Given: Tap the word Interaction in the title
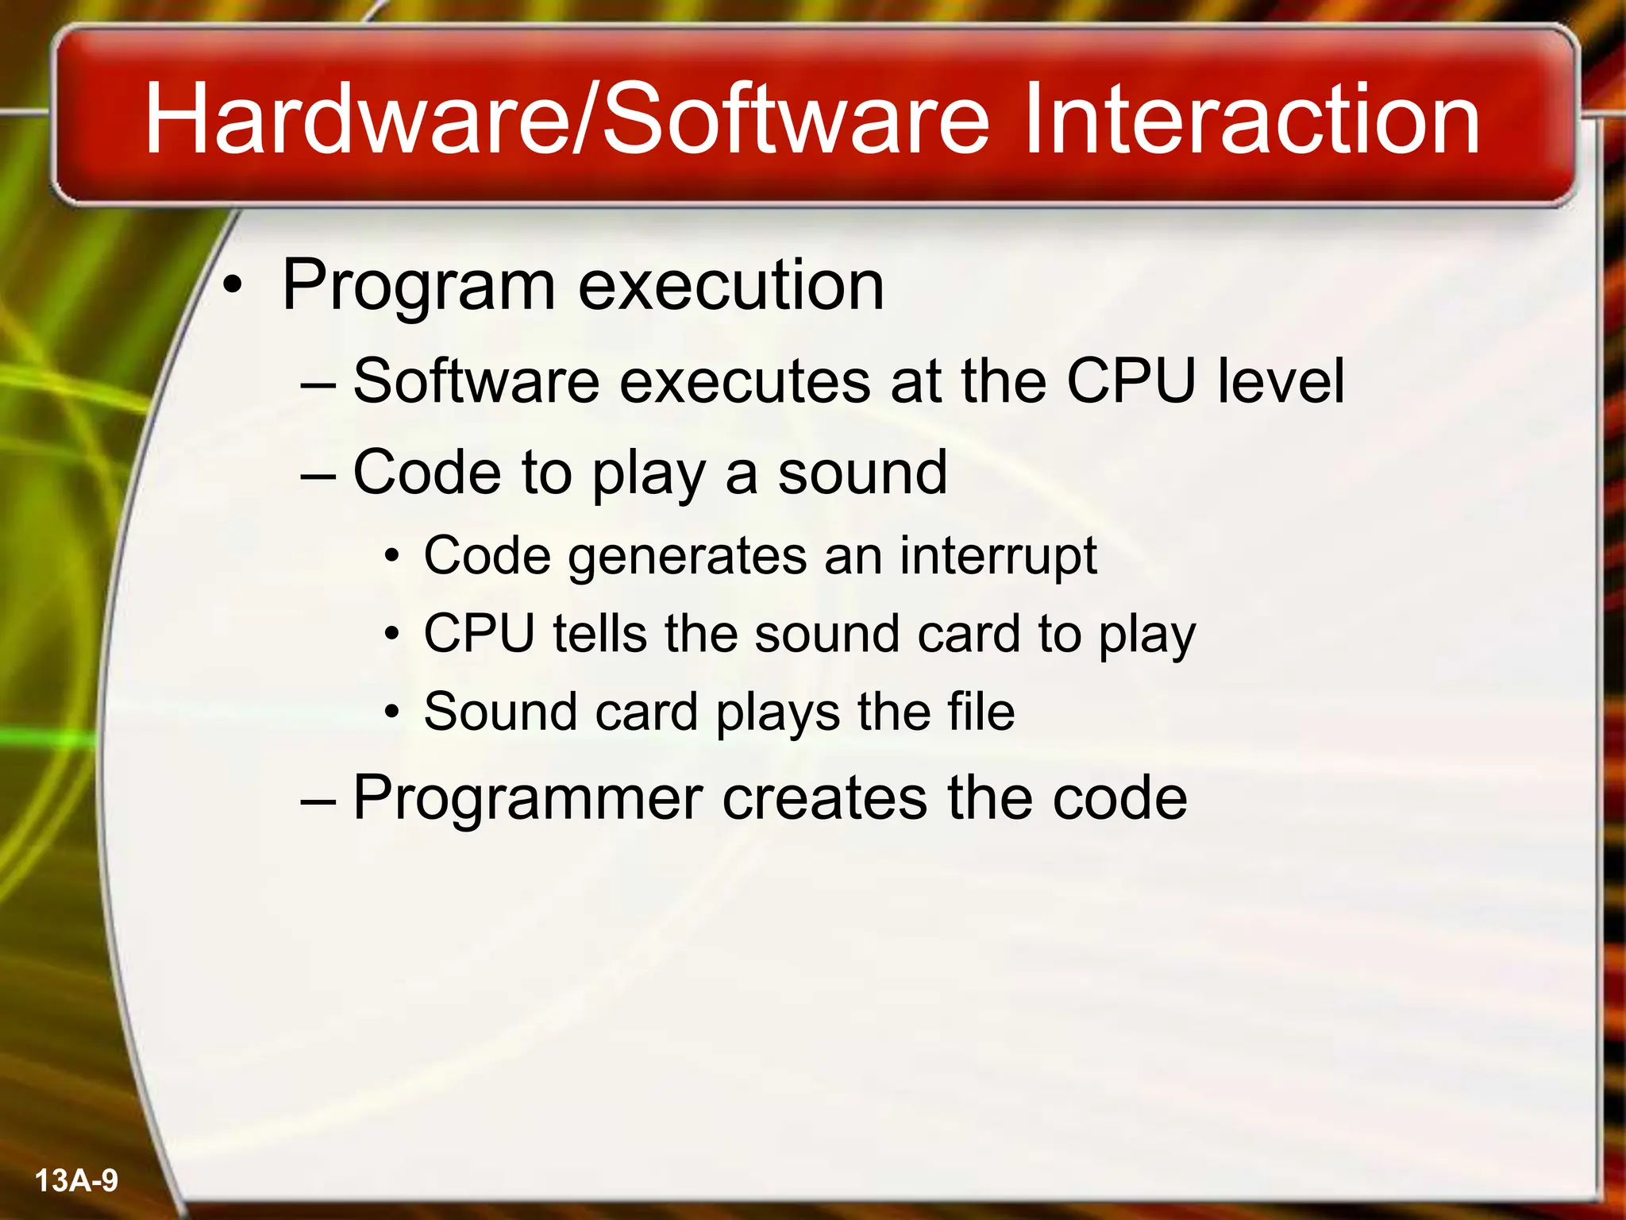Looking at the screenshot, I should [x=1250, y=119].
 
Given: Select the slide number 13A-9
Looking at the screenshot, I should [x=77, y=1180].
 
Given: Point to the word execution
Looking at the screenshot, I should [x=730, y=286].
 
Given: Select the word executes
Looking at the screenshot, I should [x=745, y=382].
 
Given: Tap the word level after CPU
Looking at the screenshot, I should [x=1281, y=381].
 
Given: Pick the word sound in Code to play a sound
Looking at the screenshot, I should [x=862, y=473].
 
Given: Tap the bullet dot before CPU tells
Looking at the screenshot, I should [x=391, y=635].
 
